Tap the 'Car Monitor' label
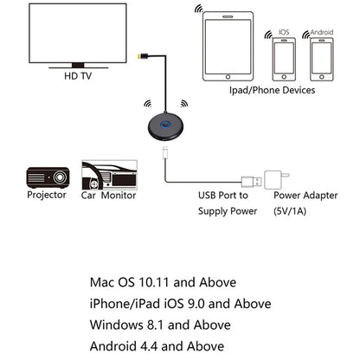pyautogui.click(x=110, y=195)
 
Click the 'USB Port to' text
pyautogui.click(x=223, y=196)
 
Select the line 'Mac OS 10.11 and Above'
pyautogui.click(x=163, y=282)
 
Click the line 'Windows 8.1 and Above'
pyautogui.click(x=161, y=325)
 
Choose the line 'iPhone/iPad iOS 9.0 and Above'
pyautogui.click(x=180, y=304)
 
